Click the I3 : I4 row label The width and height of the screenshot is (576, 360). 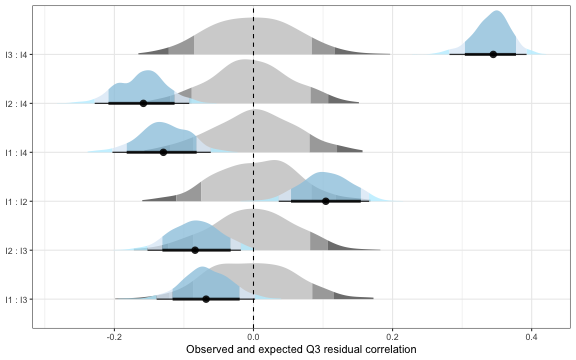(17, 54)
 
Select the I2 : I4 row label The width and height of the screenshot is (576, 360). (17, 103)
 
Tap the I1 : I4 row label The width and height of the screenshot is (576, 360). (17, 152)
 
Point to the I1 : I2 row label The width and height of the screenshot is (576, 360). (17, 201)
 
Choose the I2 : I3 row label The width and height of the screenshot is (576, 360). (17, 250)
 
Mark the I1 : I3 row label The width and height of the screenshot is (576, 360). (17, 299)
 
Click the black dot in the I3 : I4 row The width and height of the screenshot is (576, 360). (493, 54)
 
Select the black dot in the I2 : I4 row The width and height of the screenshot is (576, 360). (143, 103)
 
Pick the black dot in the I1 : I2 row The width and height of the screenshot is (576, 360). (325, 201)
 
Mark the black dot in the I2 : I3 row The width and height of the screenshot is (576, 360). (195, 250)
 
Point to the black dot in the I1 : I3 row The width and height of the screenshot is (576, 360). (206, 299)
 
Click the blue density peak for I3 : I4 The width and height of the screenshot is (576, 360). (495, 14)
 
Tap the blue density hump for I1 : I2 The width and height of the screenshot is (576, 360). (323, 176)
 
